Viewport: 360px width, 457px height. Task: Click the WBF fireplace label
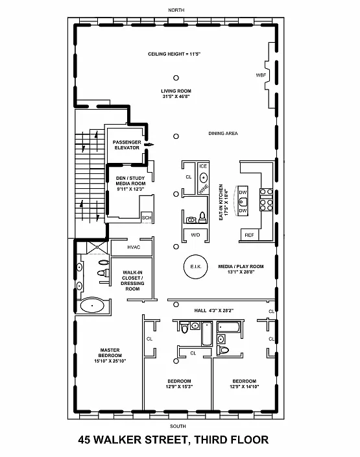[x=261, y=75]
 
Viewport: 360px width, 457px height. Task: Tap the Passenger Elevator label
[x=127, y=145]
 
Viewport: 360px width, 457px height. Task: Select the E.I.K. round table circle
[x=195, y=266]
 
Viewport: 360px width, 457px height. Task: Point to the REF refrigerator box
[x=249, y=235]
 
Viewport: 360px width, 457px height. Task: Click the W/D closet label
[x=195, y=235]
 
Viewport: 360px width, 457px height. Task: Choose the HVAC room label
[x=134, y=247]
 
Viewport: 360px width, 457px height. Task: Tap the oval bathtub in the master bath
[x=92, y=306]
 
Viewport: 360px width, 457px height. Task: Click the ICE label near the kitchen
[x=203, y=166]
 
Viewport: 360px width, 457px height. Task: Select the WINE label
[x=204, y=189]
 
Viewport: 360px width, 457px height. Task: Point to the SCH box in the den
[x=147, y=217]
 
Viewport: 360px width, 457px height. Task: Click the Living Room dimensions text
[x=176, y=97]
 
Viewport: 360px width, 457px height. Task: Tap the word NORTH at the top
[x=176, y=10]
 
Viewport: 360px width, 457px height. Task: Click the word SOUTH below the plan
[x=178, y=426]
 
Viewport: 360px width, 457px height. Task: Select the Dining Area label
[x=223, y=134]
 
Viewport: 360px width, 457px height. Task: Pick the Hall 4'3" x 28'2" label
[x=214, y=311]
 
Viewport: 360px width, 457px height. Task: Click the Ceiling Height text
[x=174, y=54]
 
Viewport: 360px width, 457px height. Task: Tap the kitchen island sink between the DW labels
[x=243, y=201]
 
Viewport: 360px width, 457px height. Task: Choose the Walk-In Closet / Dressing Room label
[x=132, y=280]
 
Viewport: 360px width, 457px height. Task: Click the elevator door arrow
[x=149, y=144]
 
